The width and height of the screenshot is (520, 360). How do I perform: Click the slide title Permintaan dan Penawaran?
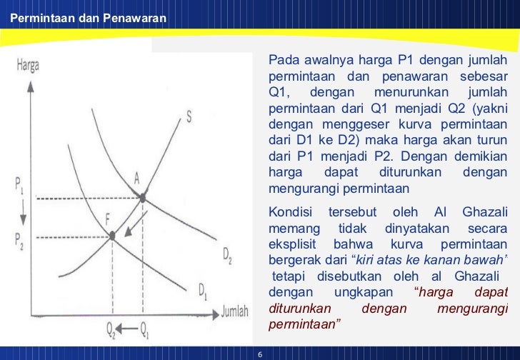point(84,18)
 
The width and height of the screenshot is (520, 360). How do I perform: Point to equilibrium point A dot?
point(143,196)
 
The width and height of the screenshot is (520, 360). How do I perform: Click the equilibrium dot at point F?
point(112,234)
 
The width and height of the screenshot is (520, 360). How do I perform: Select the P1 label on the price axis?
point(19,184)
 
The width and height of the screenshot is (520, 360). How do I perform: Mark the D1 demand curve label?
point(204,291)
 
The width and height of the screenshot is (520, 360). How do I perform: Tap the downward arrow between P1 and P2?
point(24,212)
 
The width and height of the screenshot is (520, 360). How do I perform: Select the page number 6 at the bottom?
point(259,354)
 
